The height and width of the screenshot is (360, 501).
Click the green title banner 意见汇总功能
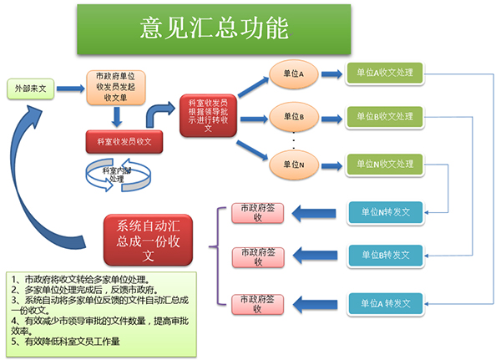(x=214, y=29)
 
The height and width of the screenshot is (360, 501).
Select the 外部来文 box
(x=31, y=89)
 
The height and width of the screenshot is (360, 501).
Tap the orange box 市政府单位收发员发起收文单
(x=116, y=87)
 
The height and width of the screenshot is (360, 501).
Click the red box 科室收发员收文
(x=124, y=142)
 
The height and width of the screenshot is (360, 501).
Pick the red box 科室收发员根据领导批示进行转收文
(x=208, y=115)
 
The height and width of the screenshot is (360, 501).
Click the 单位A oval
(x=294, y=74)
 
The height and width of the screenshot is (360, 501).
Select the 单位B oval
(x=294, y=117)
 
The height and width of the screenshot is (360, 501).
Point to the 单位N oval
(x=294, y=165)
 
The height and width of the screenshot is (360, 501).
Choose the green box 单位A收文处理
(x=385, y=74)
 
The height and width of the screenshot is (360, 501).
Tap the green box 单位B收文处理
(x=385, y=117)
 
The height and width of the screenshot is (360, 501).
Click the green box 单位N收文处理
(x=385, y=165)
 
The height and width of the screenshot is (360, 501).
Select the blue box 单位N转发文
(x=385, y=213)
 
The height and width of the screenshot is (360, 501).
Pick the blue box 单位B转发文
(x=385, y=256)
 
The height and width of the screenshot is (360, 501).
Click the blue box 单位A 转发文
(x=385, y=304)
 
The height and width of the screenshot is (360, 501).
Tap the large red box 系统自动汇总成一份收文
(x=148, y=240)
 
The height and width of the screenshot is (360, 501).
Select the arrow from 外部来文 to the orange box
(x=71, y=89)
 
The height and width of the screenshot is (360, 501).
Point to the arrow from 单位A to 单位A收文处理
(x=331, y=74)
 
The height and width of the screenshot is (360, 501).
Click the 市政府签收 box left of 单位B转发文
(x=258, y=257)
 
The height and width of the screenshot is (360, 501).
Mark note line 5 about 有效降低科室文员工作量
(x=65, y=342)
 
